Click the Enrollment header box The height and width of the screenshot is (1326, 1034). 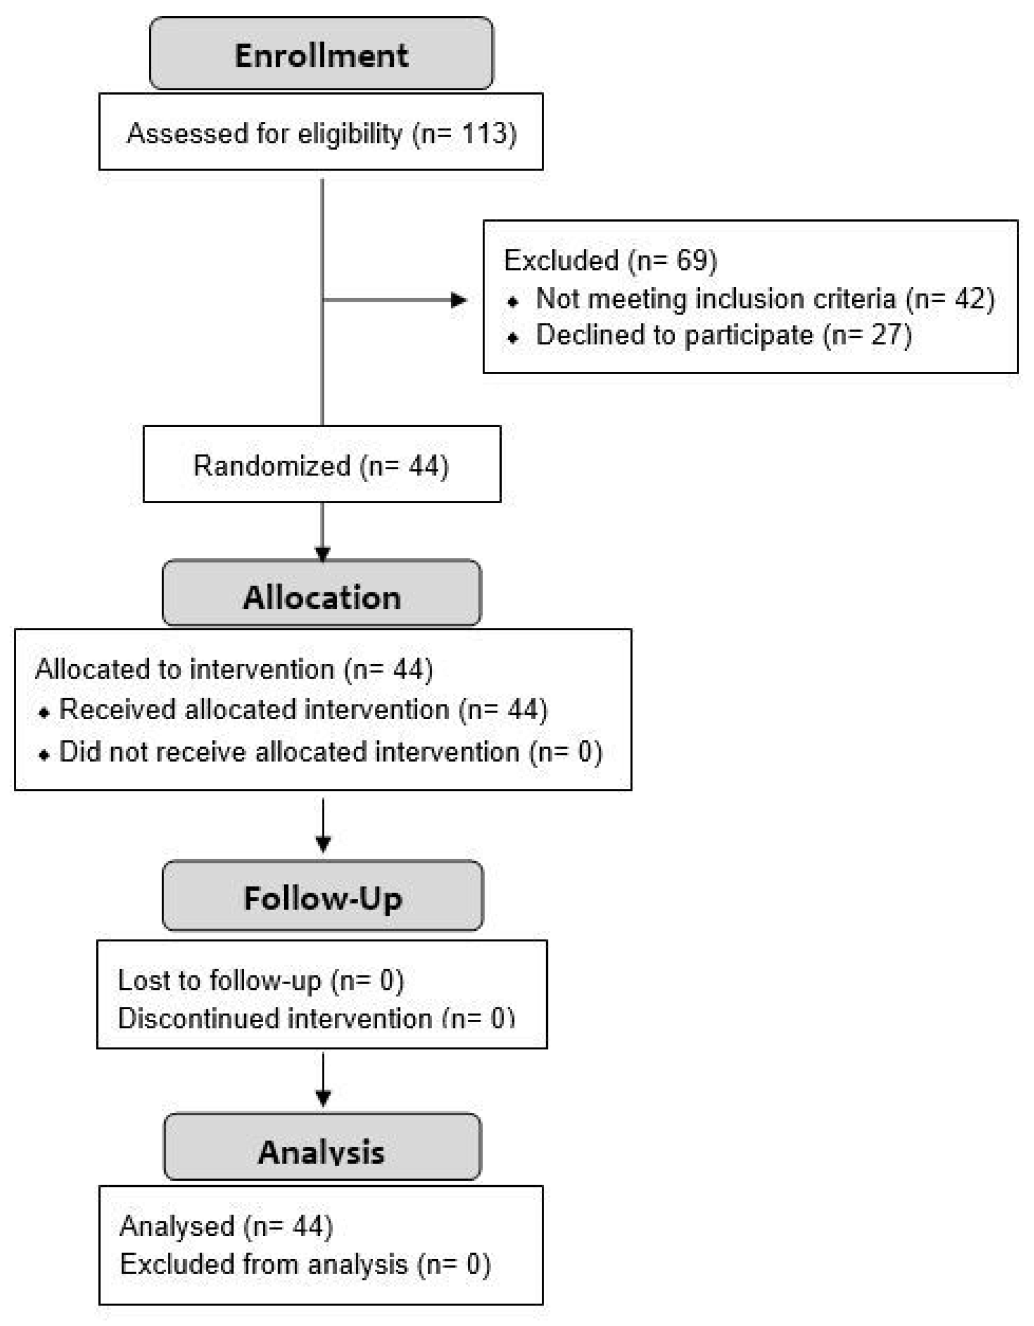321,55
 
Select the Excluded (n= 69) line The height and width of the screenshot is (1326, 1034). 610,261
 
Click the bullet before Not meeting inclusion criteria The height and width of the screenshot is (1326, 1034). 513,301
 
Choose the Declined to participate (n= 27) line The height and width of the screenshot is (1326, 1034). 723,335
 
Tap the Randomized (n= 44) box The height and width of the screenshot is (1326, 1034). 321,466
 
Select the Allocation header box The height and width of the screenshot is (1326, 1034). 321,597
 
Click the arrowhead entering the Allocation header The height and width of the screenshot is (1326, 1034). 322,554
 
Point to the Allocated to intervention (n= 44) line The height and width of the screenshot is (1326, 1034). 234,670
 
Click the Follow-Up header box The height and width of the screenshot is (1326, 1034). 322,898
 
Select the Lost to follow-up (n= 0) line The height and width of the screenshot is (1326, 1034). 260,980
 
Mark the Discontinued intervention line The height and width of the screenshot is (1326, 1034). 315,1019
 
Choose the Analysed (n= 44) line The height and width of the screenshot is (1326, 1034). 226,1226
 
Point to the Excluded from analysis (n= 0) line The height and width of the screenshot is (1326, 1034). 305,1264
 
